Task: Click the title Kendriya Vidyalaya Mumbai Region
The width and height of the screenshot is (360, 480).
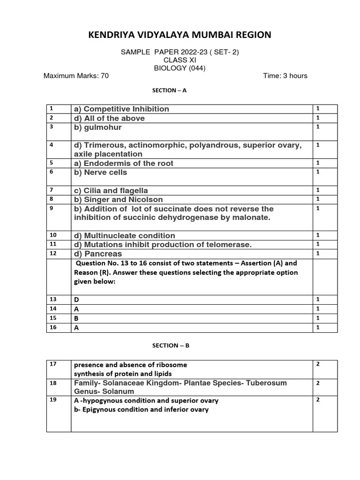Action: (180, 35)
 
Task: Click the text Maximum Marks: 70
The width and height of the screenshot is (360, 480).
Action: (76, 76)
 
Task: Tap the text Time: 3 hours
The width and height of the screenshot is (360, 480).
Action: (285, 76)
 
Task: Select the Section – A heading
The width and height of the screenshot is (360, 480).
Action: (170, 90)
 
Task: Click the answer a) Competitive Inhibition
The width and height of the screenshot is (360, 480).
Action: (121, 109)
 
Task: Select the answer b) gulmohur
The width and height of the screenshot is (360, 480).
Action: (98, 127)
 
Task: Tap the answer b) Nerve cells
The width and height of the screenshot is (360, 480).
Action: (100, 172)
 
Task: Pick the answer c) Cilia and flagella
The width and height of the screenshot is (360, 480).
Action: (111, 190)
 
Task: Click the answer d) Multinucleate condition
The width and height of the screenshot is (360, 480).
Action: (124, 236)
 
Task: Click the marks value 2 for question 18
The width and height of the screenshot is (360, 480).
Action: (318, 383)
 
